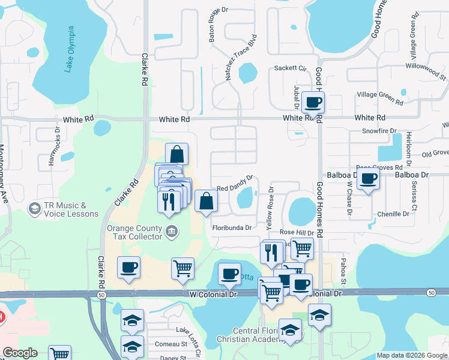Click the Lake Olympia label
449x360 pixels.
pos(70,49)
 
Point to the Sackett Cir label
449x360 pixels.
pos(290,68)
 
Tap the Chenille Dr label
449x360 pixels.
pos(393,214)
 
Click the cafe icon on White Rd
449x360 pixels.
pos(313,102)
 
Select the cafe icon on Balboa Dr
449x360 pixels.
pos(369,178)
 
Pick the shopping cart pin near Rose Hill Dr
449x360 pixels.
pos(302,247)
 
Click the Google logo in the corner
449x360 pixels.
pos(20,353)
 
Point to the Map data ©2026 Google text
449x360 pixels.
pos(411,355)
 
